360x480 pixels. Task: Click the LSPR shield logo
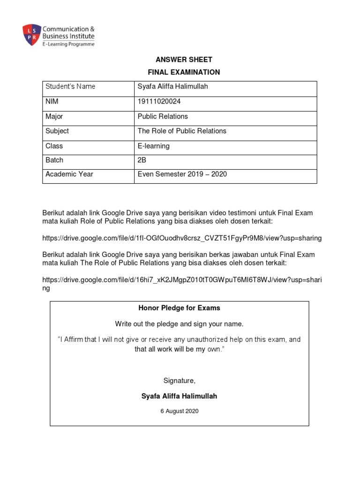coord(31,35)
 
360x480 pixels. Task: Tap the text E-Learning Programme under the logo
coord(68,44)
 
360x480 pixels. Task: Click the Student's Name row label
coord(70,87)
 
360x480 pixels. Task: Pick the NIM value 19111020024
coord(159,102)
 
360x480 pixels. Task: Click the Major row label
coord(54,116)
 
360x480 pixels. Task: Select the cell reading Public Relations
coord(163,116)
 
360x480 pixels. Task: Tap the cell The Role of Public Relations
coord(182,131)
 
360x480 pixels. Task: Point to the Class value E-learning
coord(154,146)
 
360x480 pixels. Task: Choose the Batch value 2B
coord(142,160)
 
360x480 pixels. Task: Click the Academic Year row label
coord(69,174)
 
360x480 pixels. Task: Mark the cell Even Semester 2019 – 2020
coord(182,174)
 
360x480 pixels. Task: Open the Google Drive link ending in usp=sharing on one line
coord(182,238)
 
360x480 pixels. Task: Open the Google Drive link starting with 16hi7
coord(182,280)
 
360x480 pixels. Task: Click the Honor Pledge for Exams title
coord(179,308)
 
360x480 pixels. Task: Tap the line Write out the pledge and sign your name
coord(180,324)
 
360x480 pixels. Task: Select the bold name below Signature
coord(179,396)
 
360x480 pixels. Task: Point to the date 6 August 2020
coord(179,411)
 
